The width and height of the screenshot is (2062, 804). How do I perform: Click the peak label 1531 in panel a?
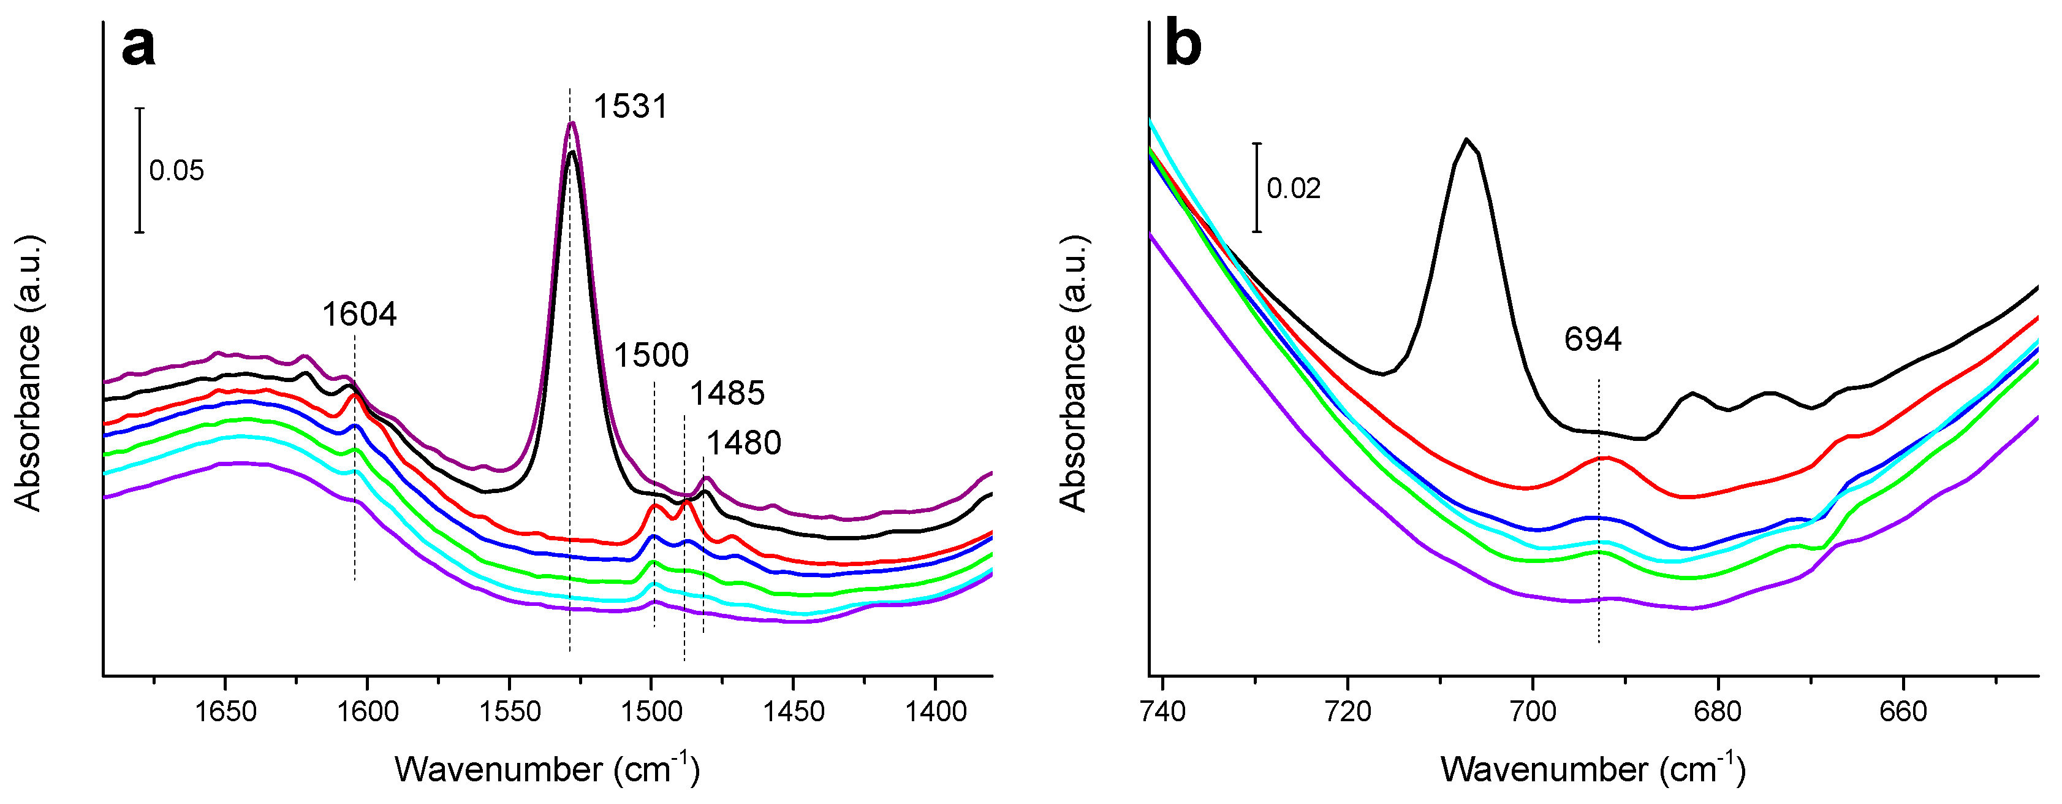630,107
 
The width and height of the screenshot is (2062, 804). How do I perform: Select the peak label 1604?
360,315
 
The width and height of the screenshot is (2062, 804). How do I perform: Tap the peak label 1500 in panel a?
651,354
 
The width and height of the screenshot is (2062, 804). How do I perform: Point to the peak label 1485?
727,393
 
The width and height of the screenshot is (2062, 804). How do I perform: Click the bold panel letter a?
138,45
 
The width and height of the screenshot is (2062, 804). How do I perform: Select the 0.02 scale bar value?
1293,188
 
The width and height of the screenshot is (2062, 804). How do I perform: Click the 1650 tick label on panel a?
226,711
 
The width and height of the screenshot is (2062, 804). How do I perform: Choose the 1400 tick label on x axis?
935,711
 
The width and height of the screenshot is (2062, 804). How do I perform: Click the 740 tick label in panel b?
1162,711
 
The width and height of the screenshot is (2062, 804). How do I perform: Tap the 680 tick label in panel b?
1718,711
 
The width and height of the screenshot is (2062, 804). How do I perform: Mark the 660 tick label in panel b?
1903,711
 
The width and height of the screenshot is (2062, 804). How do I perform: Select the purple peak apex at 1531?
572,123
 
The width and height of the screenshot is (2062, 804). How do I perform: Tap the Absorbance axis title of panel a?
29,373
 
